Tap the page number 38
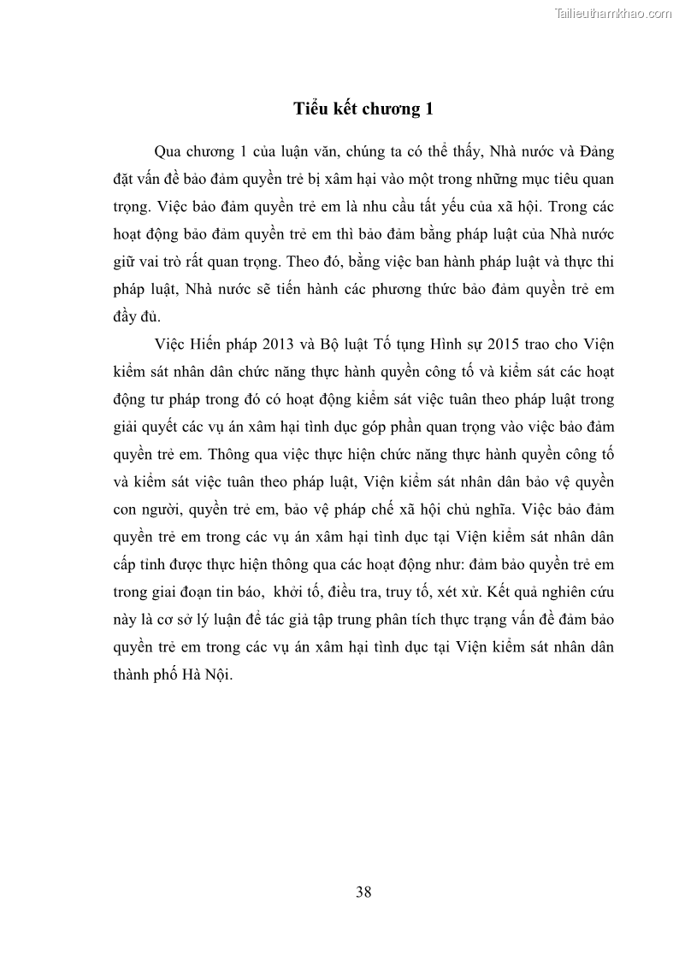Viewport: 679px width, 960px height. coord(363,892)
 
